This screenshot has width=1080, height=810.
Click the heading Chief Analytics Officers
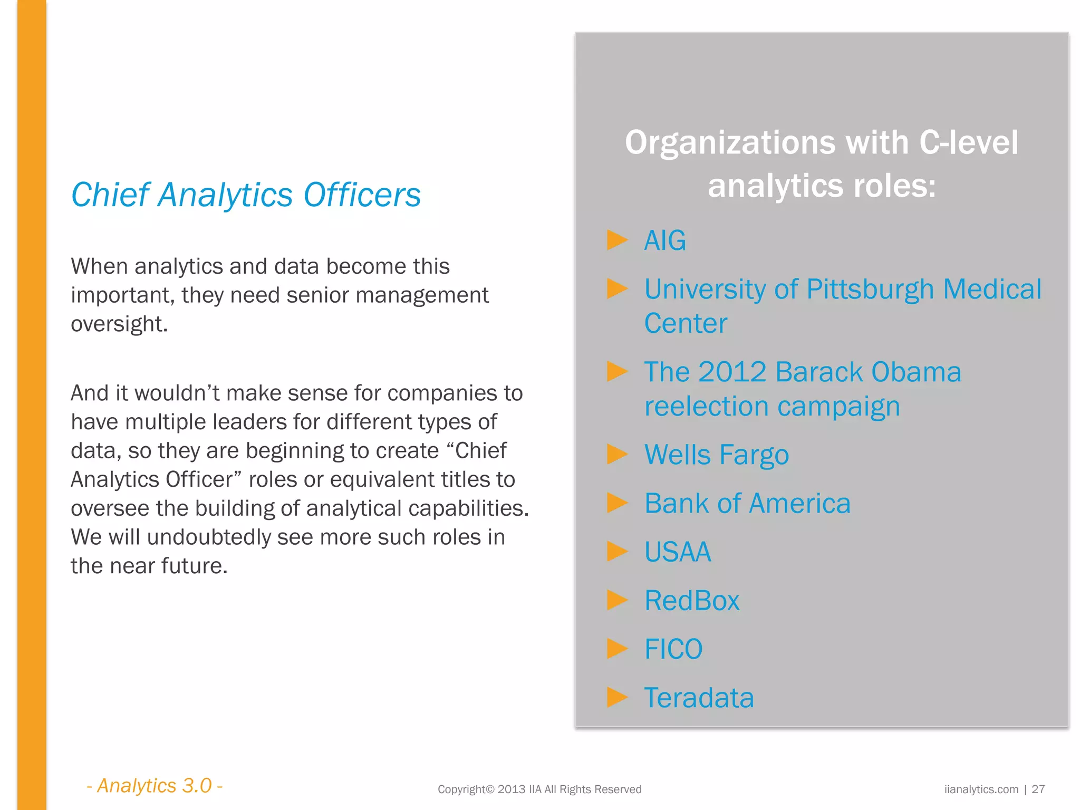click(x=246, y=195)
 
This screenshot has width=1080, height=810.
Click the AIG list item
click(x=665, y=240)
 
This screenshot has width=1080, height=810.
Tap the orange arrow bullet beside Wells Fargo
click(x=617, y=454)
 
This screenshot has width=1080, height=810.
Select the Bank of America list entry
click(x=747, y=503)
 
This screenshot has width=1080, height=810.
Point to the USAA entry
click(x=678, y=552)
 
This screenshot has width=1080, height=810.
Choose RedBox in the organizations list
click(x=692, y=601)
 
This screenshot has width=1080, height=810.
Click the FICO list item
click(x=673, y=649)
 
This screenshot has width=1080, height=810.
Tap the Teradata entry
click(x=699, y=698)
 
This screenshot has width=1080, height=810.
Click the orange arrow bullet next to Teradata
click(x=617, y=697)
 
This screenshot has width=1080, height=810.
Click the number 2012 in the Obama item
click(x=732, y=372)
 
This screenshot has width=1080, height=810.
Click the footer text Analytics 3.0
click(x=155, y=786)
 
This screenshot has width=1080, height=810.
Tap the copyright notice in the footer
click(x=539, y=789)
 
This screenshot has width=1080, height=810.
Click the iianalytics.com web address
click(x=981, y=789)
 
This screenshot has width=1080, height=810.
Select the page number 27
click(x=1038, y=789)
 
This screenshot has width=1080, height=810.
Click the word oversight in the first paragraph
click(x=119, y=324)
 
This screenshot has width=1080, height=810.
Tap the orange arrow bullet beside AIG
click(x=617, y=240)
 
